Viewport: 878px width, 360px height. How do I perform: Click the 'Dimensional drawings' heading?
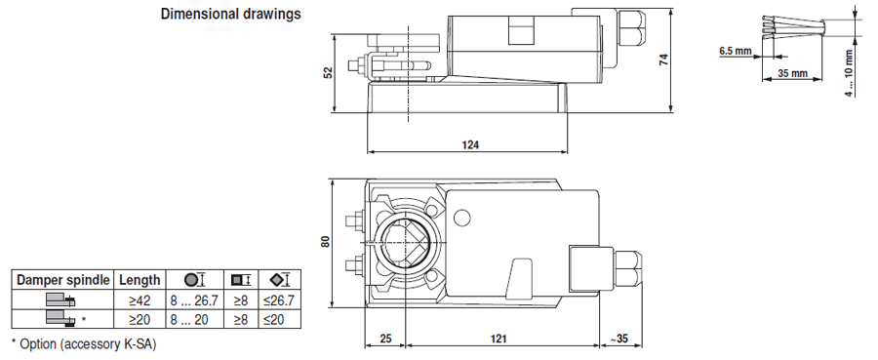coord(230,14)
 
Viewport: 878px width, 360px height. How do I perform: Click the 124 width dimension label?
coord(470,145)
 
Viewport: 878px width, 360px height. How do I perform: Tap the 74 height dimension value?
coord(663,60)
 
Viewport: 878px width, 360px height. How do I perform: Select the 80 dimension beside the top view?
coord(325,241)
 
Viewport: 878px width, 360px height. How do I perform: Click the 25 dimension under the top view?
coord(385,339)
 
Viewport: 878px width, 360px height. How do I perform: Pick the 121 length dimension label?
coord(499,339)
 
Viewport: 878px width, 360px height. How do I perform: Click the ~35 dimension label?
coord(619,339)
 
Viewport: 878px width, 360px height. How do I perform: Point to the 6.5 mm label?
coord(736,52)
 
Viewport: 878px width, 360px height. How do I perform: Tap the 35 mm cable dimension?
coord(792,73)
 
